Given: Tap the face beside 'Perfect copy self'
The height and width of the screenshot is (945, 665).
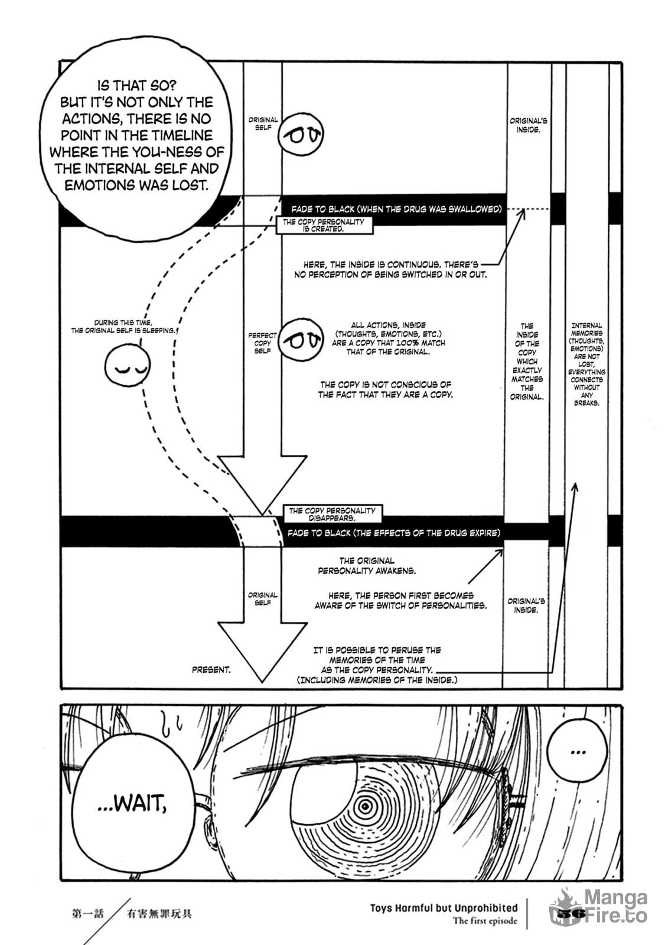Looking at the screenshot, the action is (301, 340).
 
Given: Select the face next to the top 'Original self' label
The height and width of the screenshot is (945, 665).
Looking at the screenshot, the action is (301, 133).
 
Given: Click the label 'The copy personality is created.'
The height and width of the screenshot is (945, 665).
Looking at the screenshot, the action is (324, 225).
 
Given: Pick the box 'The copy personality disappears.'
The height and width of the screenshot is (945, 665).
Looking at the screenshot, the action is (332, 513).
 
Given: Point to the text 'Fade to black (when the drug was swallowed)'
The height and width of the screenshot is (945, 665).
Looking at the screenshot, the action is (396, 209).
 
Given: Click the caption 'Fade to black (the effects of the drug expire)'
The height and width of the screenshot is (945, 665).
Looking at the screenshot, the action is (394, 533).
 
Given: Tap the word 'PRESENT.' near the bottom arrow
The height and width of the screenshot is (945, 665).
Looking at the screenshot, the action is (211, 670).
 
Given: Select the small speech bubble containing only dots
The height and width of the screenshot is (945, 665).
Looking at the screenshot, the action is (577, 751).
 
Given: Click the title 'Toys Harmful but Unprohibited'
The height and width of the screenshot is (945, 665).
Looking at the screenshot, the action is (444, 907).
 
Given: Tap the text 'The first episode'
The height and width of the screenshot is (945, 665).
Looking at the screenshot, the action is (485, 920).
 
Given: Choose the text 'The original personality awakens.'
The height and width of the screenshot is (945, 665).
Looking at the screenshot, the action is (367, 566).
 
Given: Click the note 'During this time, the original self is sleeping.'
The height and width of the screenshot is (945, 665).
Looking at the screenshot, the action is (123, 327).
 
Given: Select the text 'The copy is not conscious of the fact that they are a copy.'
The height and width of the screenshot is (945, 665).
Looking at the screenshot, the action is (385, 389).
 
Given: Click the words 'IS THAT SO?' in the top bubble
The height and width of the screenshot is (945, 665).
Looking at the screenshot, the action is (136, 86).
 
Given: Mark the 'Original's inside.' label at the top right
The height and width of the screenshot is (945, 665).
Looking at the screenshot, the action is (528, 125).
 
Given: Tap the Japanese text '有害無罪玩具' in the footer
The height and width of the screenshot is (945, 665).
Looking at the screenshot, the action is (159, 913).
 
